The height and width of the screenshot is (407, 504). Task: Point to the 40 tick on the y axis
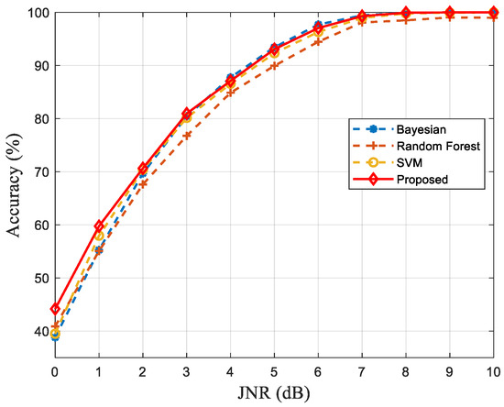click(x=38, y=331)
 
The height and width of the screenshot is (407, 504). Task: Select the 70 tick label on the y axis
click(x=38, y=171)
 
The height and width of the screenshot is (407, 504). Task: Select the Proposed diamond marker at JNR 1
click(x=99, y=225)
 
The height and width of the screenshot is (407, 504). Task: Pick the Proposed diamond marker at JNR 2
click(x=143, y=168)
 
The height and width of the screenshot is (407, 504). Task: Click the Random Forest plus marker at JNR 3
click(x=187, y=135)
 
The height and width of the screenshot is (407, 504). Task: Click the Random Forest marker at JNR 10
click(x=493, y=17)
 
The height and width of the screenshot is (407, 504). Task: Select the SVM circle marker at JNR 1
click(x=99, y=236)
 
